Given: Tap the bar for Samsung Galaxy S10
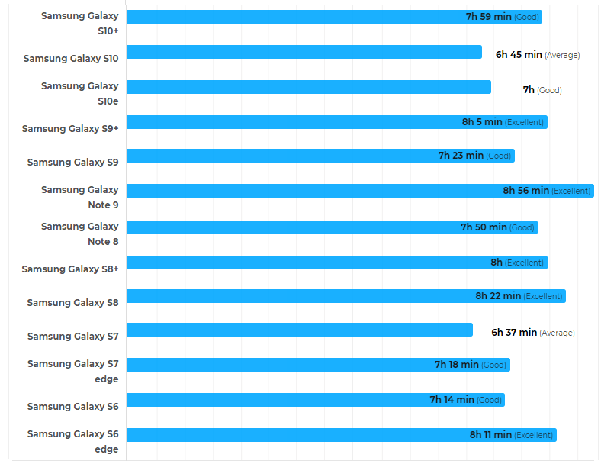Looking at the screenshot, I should tap(304, 52).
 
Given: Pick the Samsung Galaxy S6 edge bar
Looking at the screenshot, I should tap(297, 435).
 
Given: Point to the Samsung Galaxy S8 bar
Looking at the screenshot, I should tap(297, 296).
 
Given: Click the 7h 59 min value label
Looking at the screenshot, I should tap(489, 17).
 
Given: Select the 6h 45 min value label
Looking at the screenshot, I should tap(519, 55).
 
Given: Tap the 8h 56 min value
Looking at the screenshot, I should tap(525, 191).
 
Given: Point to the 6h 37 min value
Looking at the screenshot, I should tap(514, 333).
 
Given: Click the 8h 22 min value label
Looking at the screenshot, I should tap(498, 296).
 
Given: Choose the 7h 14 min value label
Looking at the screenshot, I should tap(452, 400).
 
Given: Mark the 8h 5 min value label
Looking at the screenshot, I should tap(482, 122).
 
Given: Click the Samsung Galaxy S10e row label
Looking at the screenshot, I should tap(80, 93).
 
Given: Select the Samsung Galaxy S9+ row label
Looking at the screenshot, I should tap(70, 128).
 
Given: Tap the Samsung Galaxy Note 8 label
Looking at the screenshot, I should tap(80, 234).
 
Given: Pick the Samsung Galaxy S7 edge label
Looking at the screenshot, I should tap(73, 371).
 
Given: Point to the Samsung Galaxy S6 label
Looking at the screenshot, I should tap(72, 406).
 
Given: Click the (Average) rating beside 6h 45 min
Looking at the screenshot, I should tap(562, 55).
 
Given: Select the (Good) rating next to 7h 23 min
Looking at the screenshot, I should tap(498, 156).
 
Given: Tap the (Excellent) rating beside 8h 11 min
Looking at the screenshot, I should tap(533, 435).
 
